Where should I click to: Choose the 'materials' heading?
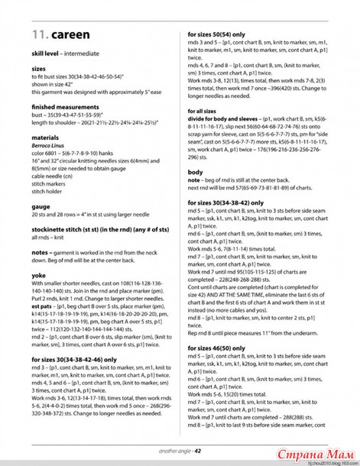46,138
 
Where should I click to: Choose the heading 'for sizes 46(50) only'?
220,348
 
